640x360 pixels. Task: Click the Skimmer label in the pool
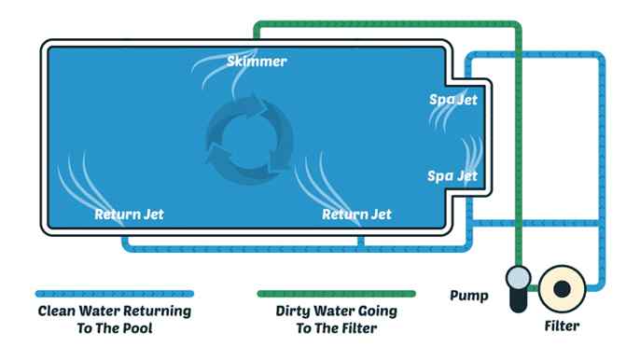click(257, 62)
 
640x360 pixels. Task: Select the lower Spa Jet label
click(452, 175)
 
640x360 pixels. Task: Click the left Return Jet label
click(129, 215)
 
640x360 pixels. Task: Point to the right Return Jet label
click(356, 215)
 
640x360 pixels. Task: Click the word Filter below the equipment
click(562, 326)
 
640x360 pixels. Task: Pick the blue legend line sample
click(114, 293)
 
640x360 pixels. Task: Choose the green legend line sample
click(336, 293)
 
